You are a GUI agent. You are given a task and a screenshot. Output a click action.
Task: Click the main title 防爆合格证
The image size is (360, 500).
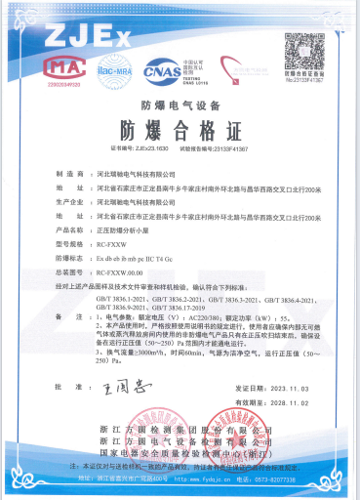[180, 131]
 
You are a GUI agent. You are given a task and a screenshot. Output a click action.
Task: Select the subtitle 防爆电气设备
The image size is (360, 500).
[180, 104]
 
